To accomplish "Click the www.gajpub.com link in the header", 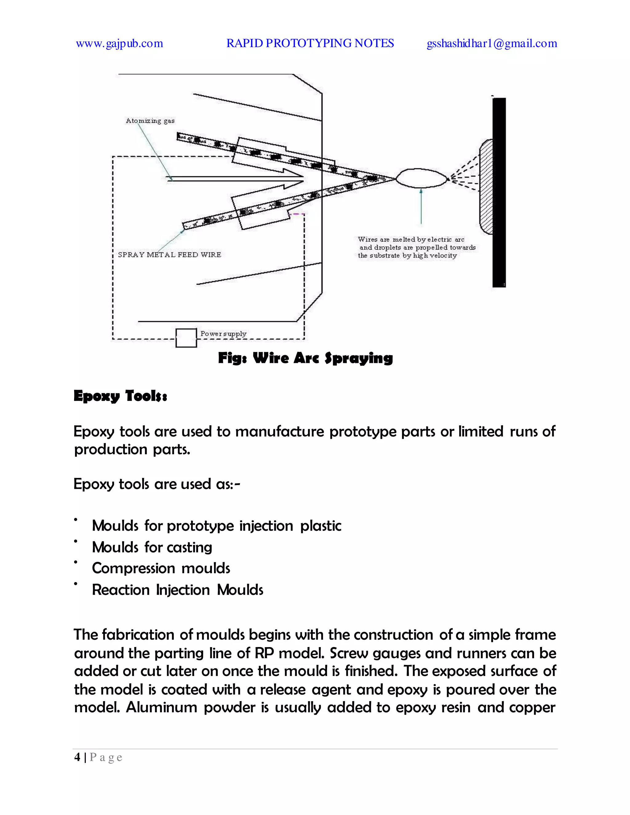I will click(119, 44).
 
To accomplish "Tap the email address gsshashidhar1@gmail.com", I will click(492, 44).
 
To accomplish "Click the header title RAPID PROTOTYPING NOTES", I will click(310, 43).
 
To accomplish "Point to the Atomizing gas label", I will click(150, 121).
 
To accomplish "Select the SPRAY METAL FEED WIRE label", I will click(169, 255).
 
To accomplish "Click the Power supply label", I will click(223, 333).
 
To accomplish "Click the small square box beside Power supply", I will click(186, 338).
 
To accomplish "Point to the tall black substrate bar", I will click(499, 192).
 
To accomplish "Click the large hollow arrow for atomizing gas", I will click(239, 179).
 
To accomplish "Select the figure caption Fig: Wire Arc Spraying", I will click(305, 358).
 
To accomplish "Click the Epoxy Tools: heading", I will click(120, 396).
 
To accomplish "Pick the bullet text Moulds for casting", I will click(152, 547).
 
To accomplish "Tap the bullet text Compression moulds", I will click(161, 568).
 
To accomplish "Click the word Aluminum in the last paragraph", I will click(161, 707).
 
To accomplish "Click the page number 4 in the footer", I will click(77, 757).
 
